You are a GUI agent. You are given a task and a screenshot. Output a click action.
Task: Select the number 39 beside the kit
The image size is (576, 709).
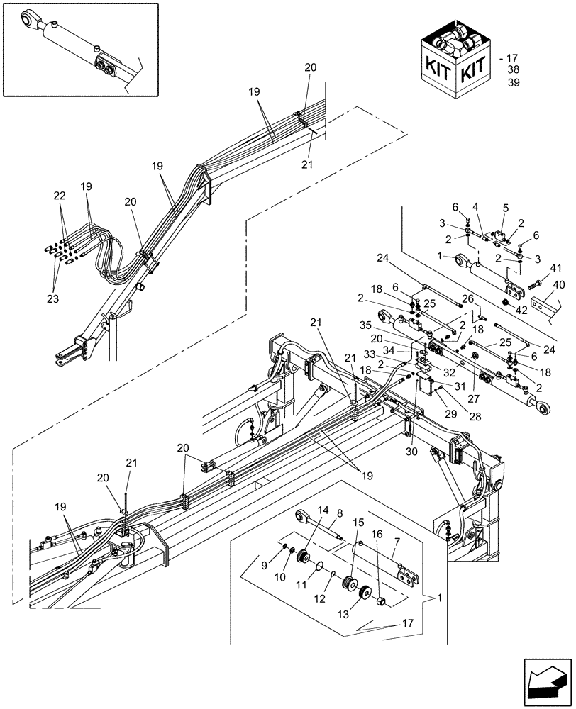(x=514, y=83)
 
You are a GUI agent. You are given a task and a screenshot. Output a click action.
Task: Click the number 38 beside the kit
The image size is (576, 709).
(x=514, y=70)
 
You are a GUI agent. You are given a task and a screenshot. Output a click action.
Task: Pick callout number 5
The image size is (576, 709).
(x=504, y=208)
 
